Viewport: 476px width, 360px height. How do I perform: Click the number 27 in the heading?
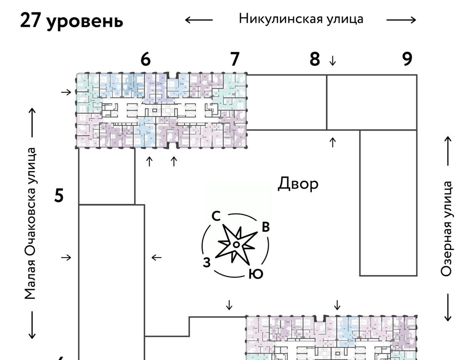[31, 21]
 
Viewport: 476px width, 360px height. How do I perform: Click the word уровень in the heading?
[85, 22]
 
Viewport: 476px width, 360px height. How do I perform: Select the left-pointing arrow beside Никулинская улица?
[198, 20]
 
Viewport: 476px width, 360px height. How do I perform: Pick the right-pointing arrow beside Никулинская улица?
[401, 20]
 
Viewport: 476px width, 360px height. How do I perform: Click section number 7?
[235, 59]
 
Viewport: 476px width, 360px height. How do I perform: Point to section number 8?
[315, 59]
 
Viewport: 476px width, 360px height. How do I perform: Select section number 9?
[407, 59]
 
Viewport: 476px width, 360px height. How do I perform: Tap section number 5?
[59, 196]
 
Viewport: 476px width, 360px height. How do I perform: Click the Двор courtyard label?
[298, 184]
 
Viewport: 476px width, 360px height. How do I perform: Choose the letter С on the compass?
[216, 216]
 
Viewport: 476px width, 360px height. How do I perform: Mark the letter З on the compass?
[207, 262]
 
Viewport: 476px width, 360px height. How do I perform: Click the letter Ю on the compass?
[256, 274]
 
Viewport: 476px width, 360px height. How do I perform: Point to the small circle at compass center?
[236, 245]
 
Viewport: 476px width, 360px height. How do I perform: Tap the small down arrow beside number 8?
[332, 60]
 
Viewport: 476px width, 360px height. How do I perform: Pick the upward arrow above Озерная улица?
[448, 151]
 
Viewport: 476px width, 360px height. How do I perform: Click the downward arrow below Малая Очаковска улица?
[33, 325]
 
